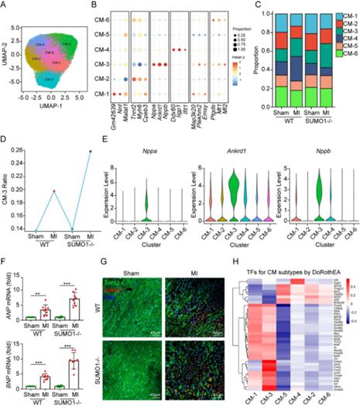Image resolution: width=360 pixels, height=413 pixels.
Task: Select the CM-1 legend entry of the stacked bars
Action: click(345, 16)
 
